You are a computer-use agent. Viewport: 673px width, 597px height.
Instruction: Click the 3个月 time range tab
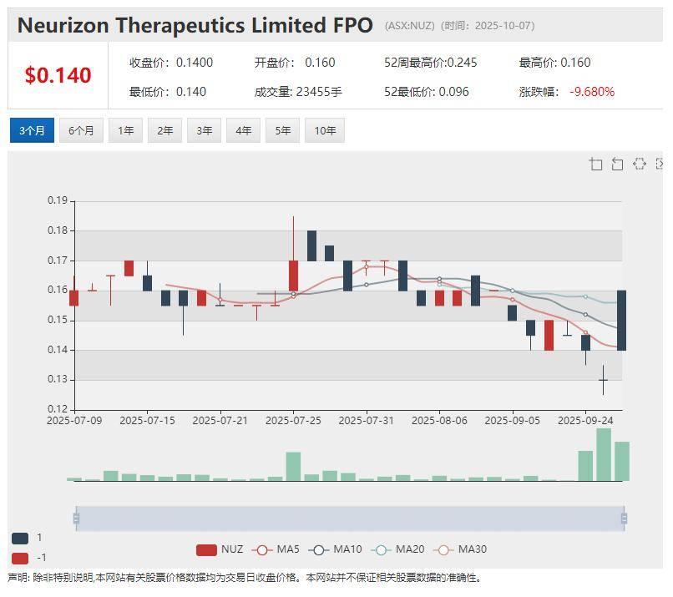pyautogui.click(x=32, y=131)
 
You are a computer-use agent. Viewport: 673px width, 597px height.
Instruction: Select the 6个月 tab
pyautogui.click(x=81, y=131)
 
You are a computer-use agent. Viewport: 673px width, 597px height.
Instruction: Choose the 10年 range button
pyautogui.click(x=325, y=131)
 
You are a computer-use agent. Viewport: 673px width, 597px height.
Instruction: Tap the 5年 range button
pyautogui.click(x=283, y=131)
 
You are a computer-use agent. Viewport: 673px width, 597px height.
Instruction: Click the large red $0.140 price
pyautogui.click(x=58, y=75)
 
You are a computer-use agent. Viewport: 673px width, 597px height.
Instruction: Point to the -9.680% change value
pyautogui.click(x=592, y=92)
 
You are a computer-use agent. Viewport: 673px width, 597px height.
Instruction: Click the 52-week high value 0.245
pyautogui.click(x=462, y=63)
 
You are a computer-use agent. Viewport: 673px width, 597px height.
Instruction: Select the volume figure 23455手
pyautogui.click(x=319, y=92)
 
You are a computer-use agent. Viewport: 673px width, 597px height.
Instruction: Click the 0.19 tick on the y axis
pyautogui.click(x=57, y=200)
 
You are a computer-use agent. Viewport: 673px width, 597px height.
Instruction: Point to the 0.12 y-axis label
pyautogui.click(x=57, y=409)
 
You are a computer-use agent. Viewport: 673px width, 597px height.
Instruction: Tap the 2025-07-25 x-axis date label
pyautogui.click(x=294, y=421)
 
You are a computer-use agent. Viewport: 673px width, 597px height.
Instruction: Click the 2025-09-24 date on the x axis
pyautogui.click(x=585, y=421)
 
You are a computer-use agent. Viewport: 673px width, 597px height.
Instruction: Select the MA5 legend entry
pyautogui.click(x=277, y=549)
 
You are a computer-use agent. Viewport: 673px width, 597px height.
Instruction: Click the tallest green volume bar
pyautogui.click(x=604, y=455)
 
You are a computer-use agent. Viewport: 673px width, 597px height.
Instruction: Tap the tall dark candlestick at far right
pyautogui.click(x=622, y=320)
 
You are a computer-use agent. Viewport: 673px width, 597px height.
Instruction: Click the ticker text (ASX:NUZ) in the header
pyautogui.click(x=409, y=26)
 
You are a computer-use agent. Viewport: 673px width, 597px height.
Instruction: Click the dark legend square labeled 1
pyautogui.click(x=20, y=539)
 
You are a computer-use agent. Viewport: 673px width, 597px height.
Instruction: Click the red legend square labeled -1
pyautogui.click(x=20, y=558)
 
